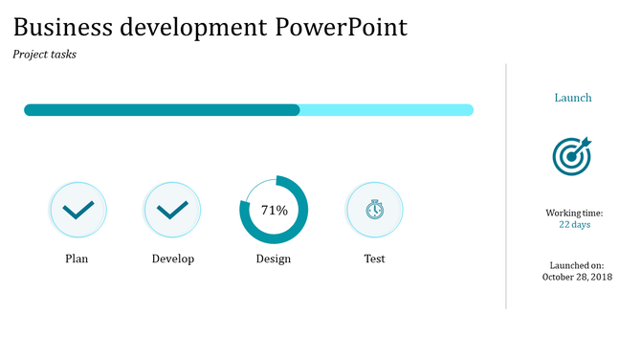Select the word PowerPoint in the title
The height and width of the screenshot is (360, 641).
341,27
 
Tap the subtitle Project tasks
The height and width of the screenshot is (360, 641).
44,55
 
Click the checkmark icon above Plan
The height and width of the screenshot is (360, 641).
77,210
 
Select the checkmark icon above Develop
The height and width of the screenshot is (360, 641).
172,210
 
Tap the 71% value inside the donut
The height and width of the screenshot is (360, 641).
275,210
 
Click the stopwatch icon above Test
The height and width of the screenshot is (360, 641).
375,210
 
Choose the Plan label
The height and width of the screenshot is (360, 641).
77,259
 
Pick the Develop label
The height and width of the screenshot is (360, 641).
173,259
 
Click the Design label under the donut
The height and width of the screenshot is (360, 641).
274,259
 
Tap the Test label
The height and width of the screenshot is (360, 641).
374,259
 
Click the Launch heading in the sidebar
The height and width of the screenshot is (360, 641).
573,98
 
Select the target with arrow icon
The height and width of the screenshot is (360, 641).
572,156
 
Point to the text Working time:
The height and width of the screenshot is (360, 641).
574,213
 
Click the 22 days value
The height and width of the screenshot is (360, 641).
574,225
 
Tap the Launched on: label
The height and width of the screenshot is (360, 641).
576,265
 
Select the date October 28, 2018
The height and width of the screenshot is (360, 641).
576,278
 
